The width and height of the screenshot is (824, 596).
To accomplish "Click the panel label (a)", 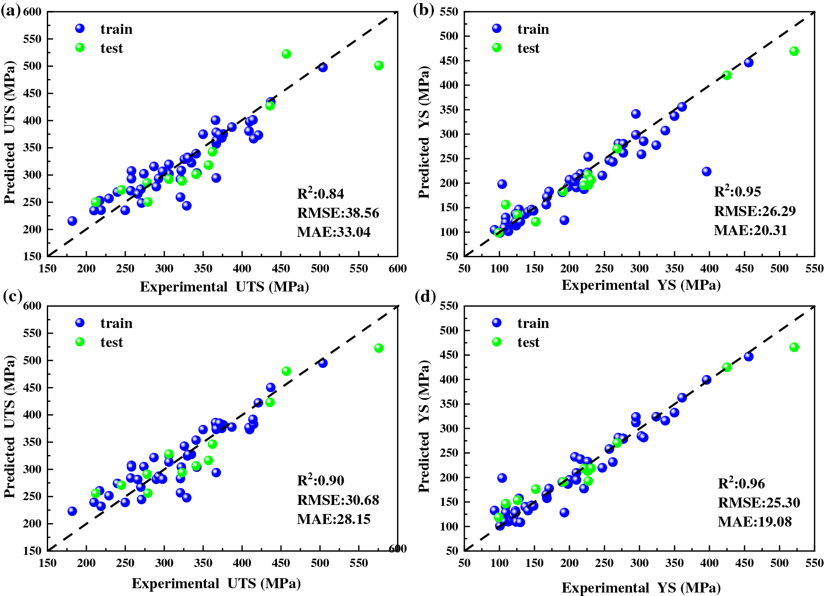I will pyautogui.click(x=11, y=10).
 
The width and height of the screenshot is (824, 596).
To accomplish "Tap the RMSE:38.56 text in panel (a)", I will pyautogui.click(x=338, y=213).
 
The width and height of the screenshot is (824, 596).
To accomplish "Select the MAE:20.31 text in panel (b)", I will pyautogui.click(x=750, y=230).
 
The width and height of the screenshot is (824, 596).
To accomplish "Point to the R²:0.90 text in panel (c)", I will pyautogui.click(x=320, y=481).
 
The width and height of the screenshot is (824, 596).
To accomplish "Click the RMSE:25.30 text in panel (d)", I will pyautogui.click(x=759, y=503).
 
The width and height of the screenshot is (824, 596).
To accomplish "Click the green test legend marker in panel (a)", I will pyautogui.click(x=80, y=48).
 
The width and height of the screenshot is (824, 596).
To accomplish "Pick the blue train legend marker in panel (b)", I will pyautogui.click(x=497, y=29).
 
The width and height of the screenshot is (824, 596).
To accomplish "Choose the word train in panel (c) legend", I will pyautogui.click(x=116, y=323).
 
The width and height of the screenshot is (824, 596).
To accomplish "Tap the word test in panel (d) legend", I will pyautogui.click(x=528, y=342).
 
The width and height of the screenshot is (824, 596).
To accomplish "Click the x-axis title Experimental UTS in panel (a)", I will pyautogui.click(x=224, y=287).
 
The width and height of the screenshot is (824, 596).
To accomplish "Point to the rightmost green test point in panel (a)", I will pyautogui.click(x=379, y=65).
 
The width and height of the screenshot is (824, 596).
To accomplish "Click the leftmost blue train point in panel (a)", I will pyautogui.click(x=72, y=221).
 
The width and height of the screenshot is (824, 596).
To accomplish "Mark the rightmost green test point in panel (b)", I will pyautogui.click(x=794, y=51).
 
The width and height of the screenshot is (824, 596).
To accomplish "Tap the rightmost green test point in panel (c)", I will pyautogui.click(x=379, y=348).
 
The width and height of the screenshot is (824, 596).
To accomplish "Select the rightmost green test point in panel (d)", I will pyautogui.click(x=794, y=347).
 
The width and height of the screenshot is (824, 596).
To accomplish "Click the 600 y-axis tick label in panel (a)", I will pyautogui.click(x=32, y=12).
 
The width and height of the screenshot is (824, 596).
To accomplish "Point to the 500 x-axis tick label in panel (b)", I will pyautogui.click(x=779, y=269).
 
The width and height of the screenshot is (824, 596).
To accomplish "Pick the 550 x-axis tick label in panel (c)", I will pyautogui.click(x=358, y=563).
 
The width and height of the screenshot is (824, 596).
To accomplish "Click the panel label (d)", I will pyautogui.click(x=425, y=297).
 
